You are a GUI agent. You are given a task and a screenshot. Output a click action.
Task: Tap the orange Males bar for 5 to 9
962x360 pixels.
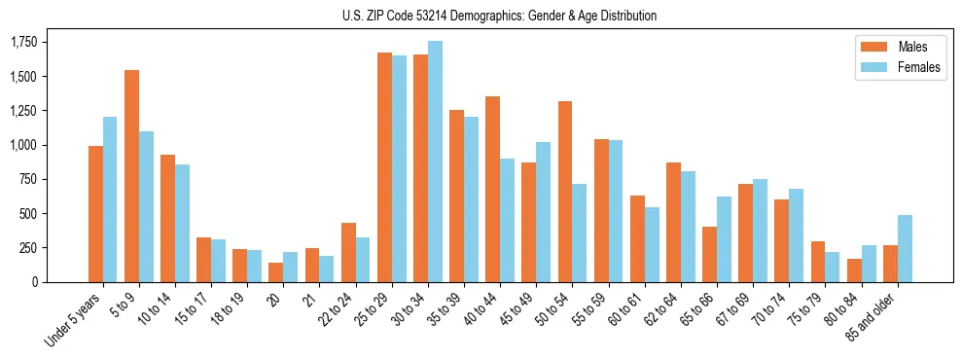click(132, 176)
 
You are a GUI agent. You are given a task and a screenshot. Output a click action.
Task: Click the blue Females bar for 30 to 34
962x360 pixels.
click(435, 162)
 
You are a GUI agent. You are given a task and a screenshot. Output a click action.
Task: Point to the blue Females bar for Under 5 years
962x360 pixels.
click(110, 199)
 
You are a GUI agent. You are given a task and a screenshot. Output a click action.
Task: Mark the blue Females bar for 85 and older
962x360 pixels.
click(905, 248)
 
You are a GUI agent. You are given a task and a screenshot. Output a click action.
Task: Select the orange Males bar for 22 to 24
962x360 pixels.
click(348, 253)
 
